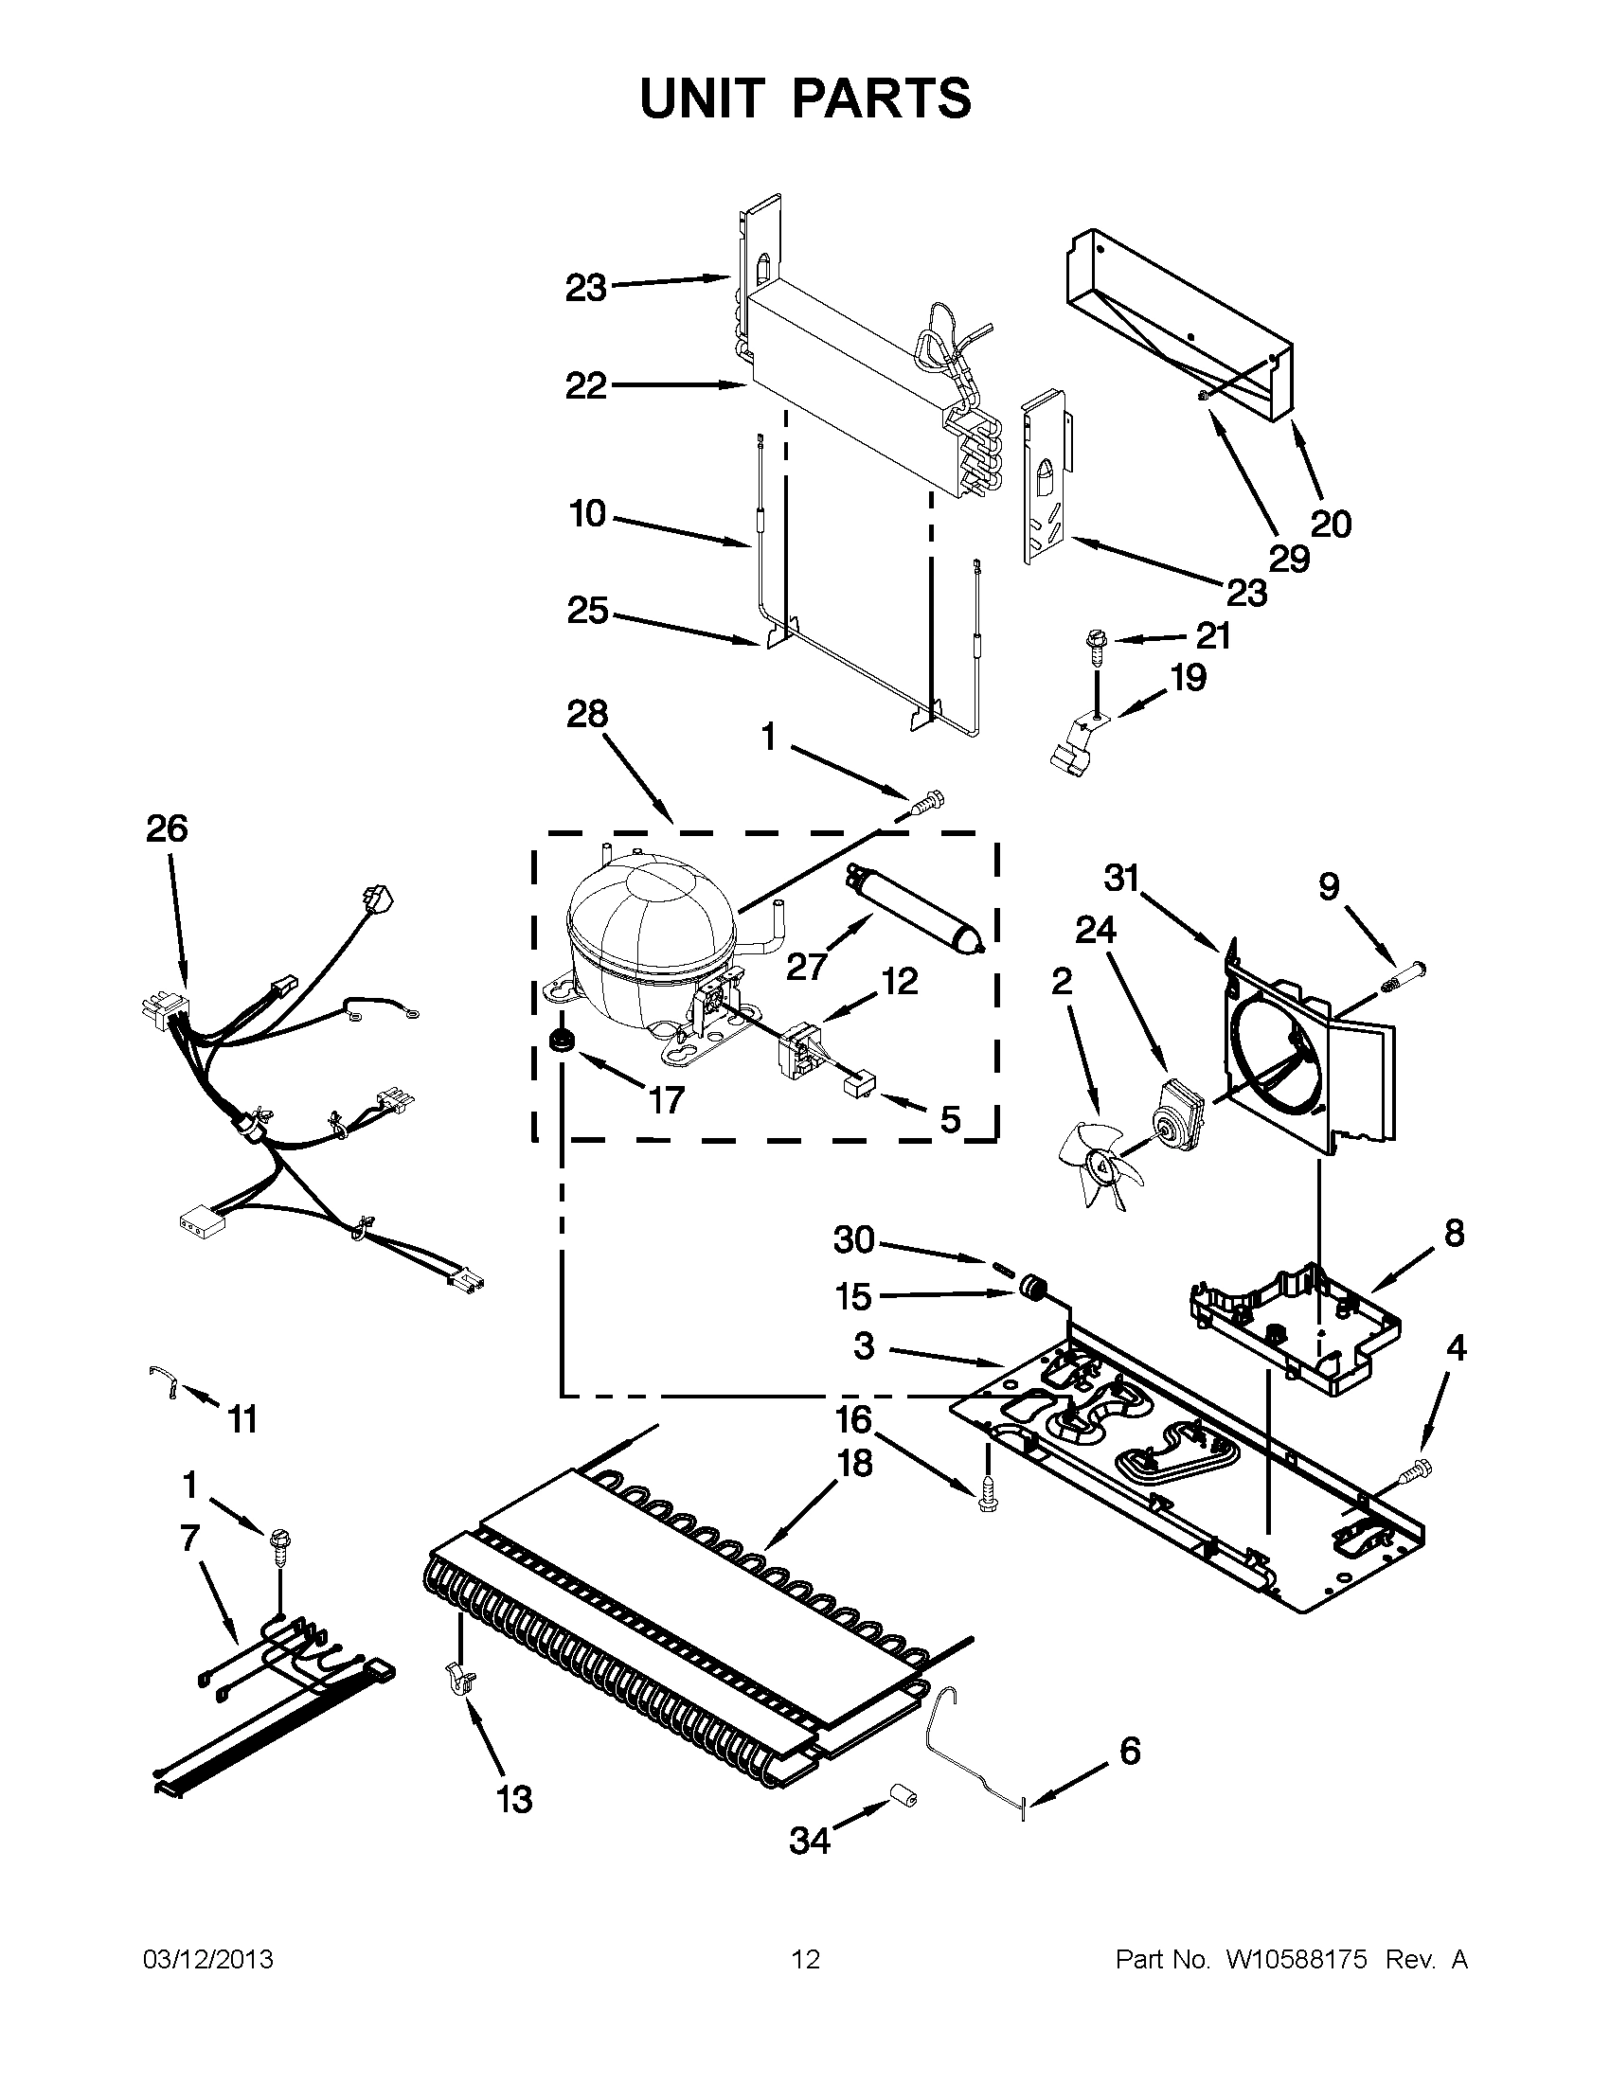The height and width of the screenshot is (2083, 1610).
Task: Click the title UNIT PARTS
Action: pos(805,98)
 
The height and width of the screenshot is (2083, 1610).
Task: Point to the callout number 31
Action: pos(1121,878)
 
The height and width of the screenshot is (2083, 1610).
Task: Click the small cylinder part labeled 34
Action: pos(903,1797)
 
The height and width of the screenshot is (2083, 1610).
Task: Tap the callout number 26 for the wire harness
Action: pos(167,828)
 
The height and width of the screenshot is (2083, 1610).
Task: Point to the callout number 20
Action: pos(1331,524)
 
